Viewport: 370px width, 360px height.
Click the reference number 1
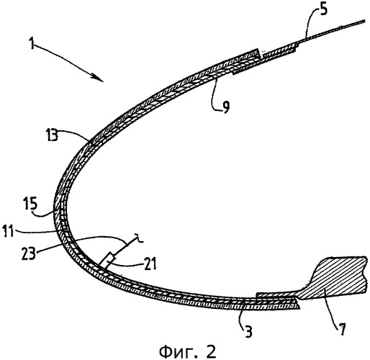pos(32,43)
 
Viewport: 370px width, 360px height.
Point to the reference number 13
pos(52,135)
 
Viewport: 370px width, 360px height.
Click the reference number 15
pos(31,204)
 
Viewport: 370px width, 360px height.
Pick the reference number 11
pos(9,232)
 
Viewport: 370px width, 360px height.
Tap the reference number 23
pos(29,253)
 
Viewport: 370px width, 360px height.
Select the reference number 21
pos(149,264)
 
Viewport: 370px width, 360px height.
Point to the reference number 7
pos(342,329)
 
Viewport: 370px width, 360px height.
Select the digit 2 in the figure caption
pos(211,351)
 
